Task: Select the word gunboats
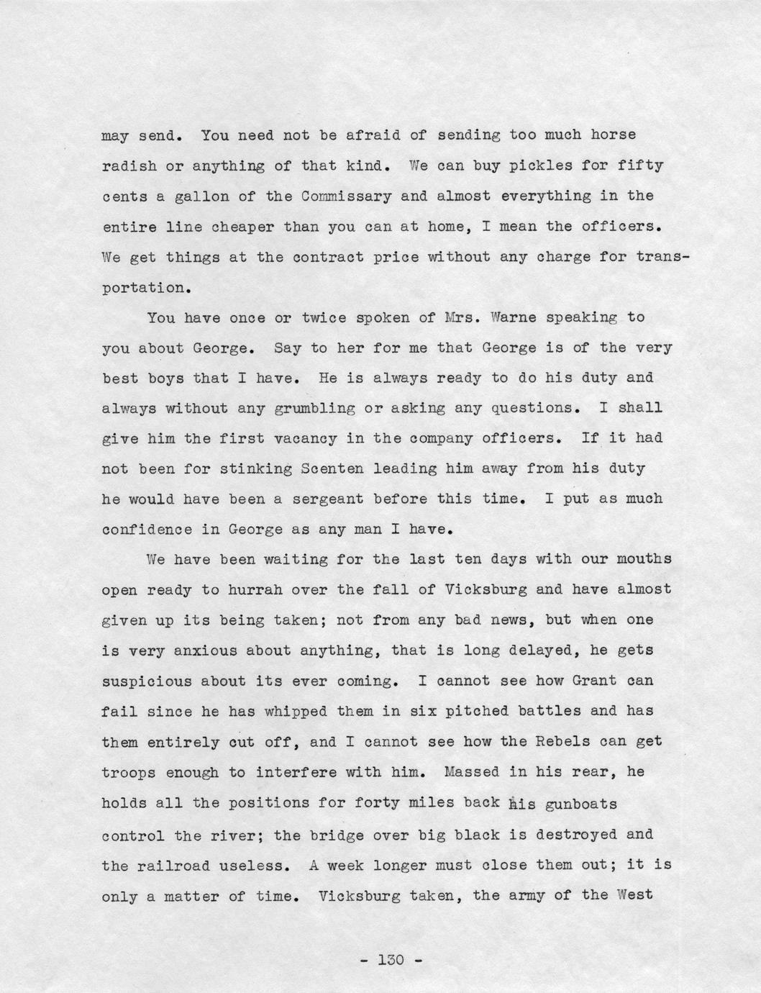pyautogui.click(x=582, y=804)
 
